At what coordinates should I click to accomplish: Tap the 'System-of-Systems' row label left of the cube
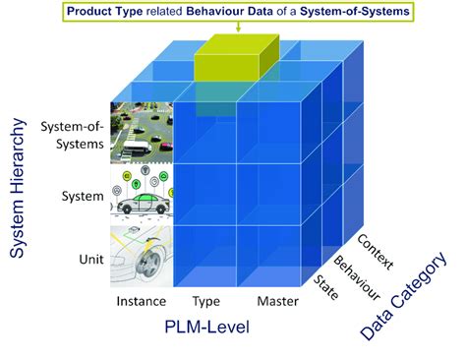[x=73, y=135]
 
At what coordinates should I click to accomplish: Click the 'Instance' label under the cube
[x=141, y=301]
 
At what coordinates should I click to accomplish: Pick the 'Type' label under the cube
[x=205, y=301]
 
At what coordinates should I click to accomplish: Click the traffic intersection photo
[x=141, y=132]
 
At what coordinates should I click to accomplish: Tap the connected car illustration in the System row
[x=141, y=195]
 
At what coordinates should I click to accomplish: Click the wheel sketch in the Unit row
[x=141, y=255]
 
